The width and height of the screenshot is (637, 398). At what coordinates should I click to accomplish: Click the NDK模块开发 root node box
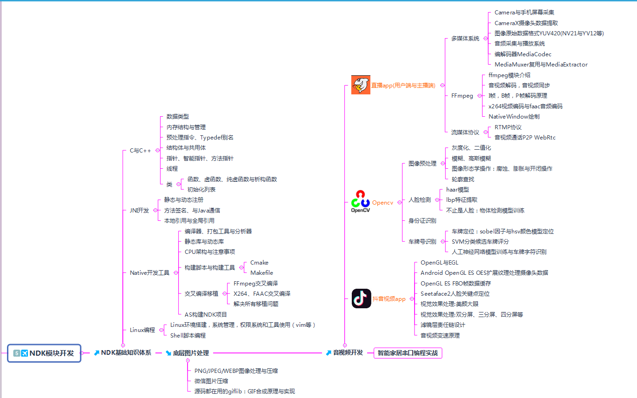point(45,353)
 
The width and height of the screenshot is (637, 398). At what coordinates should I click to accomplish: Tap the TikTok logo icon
point(361,298)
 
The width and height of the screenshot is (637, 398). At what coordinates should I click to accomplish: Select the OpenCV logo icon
point(360,201)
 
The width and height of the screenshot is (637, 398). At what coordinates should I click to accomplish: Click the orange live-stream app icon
point(361,85)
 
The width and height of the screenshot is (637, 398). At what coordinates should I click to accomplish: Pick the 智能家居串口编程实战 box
point(408,353)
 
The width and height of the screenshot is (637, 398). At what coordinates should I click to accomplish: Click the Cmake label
point(259,263)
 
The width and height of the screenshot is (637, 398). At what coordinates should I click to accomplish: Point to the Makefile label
point(262,273)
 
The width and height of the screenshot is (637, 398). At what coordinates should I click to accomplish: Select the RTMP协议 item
point(508,127)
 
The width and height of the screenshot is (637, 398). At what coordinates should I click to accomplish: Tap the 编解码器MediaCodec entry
point(523,54)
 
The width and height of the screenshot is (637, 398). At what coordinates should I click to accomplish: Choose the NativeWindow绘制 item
point(514,116)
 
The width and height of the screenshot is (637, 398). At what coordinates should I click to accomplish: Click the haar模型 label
point(457,189)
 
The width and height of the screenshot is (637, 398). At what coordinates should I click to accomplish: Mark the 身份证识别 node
point(422,220)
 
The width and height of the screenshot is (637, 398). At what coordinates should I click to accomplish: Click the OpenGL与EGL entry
point(439,263)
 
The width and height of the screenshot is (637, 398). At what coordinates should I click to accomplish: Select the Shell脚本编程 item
point(188,335)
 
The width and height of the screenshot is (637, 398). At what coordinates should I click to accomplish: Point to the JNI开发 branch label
point(139,210)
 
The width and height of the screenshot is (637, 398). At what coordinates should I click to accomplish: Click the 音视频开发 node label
point(348,353)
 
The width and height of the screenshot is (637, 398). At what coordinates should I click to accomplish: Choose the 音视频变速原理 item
point(440,335)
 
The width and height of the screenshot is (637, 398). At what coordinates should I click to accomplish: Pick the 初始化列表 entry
point(201,189)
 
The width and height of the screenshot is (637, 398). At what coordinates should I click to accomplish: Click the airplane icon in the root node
point(24,353)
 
